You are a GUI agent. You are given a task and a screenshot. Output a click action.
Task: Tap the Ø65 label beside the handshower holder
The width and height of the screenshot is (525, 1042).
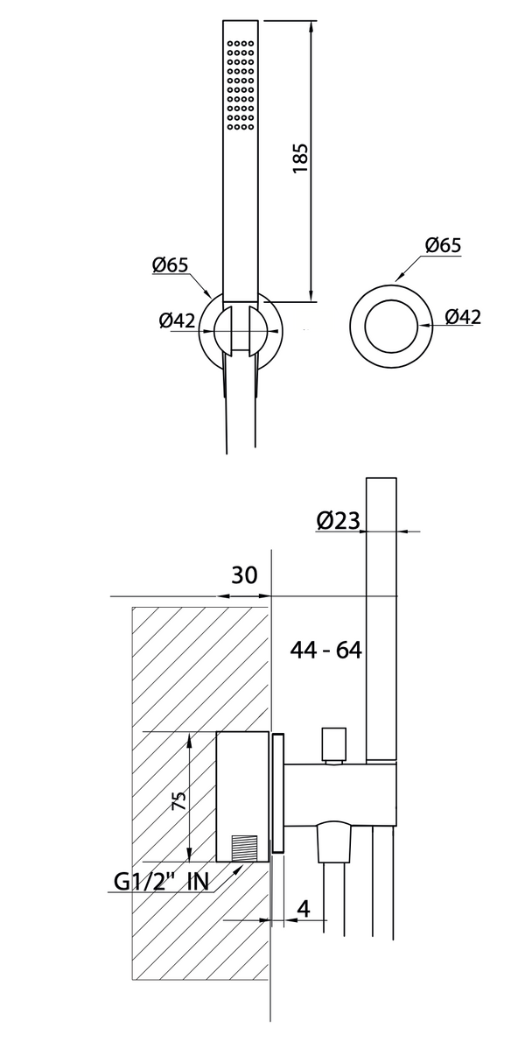pos(170,264)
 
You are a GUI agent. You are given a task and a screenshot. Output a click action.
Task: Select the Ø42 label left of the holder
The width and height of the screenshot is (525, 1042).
pos(177,320)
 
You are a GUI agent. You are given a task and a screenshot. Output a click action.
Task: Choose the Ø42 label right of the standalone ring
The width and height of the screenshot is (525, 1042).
pos(462,317)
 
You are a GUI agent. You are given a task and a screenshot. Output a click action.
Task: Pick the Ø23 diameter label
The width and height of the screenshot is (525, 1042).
pos(339,521)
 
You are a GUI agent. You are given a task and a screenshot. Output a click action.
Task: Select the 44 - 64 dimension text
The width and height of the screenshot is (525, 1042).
pos(326,650)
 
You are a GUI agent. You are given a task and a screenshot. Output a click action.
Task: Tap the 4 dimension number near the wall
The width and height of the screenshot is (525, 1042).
pos(304,909)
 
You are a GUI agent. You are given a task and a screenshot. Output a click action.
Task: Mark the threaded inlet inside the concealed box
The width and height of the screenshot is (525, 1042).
pos(246,848)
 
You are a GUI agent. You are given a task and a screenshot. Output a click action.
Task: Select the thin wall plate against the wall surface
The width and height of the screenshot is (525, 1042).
pos(278,793)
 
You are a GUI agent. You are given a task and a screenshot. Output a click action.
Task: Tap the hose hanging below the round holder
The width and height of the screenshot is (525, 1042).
pos(241,412)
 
